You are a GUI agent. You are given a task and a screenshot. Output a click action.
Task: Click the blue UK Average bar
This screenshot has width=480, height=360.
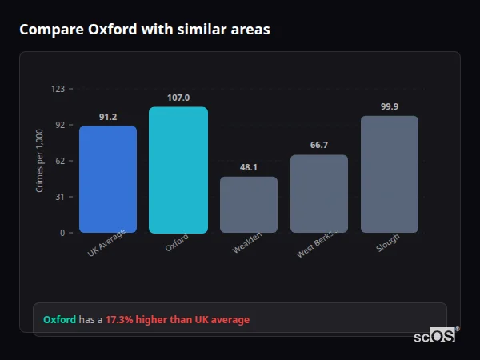click(108, 179)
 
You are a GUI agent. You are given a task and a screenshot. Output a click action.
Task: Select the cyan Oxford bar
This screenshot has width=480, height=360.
click(178, 170)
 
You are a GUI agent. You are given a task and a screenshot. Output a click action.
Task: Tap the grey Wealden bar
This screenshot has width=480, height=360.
click(249, 205)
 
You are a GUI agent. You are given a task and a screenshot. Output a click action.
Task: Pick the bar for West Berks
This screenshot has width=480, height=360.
click(319, 194)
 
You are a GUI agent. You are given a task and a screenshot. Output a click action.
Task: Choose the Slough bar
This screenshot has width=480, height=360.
click(390, 174)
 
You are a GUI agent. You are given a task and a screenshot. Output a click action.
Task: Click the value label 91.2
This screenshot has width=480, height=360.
click(108, 117)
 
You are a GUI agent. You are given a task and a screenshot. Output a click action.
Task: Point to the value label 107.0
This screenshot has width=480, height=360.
click(178, 98)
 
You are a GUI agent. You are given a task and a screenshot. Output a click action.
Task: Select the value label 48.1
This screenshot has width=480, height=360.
click(249, 167)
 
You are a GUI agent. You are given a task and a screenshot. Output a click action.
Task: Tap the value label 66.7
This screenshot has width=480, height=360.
click(319, 146)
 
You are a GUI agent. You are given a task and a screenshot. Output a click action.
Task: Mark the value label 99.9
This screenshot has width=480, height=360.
click(390, 106)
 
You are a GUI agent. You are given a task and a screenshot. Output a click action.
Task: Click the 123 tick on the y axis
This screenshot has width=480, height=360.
click(58, 89)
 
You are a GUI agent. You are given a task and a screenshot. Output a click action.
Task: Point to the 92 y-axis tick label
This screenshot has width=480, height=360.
click(59, 125)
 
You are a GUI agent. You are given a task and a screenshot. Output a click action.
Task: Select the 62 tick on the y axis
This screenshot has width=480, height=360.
click(59, 161)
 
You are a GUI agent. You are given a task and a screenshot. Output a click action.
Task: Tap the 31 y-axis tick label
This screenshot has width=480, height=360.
click(59, 197)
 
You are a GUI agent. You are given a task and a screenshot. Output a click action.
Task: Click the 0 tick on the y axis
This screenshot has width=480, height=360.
click(62, 233)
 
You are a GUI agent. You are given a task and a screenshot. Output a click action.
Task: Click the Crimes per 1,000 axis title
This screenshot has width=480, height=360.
click(40, 161)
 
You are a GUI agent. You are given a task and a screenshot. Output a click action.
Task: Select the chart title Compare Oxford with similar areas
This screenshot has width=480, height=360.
click(145, 30)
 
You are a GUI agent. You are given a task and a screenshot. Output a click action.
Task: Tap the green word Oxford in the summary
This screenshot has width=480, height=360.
click(59, 319)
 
